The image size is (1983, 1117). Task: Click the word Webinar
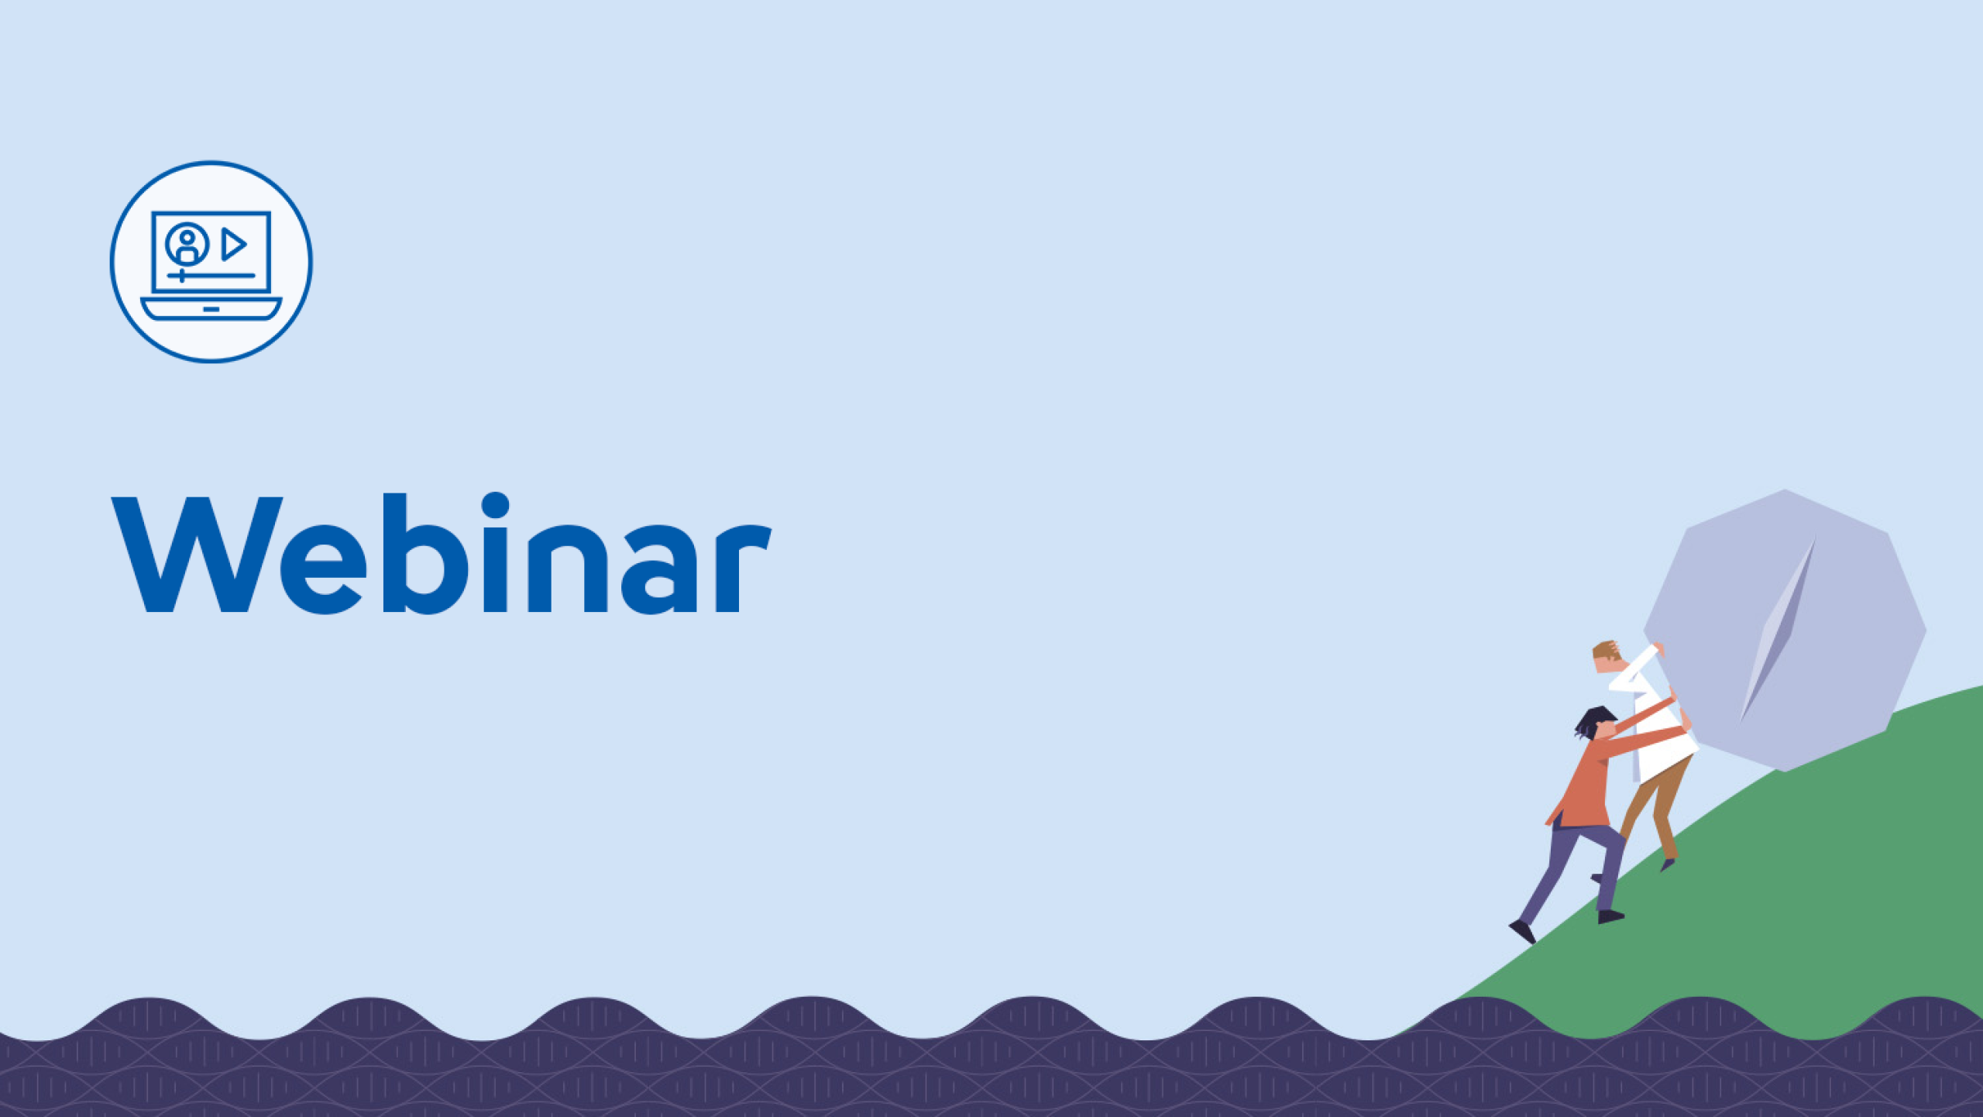click(442, 552)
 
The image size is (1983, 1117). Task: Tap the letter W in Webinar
click(197, 554)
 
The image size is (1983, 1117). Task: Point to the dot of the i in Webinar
click(496, 505)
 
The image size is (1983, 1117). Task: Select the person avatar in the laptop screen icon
click(187, 244)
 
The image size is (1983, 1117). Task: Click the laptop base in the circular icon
click(211, 308)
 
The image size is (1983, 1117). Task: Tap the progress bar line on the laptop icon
click(211, 275)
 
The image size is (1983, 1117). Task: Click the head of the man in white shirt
click(1607, 658)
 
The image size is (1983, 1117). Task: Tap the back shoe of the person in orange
click(1522, 932)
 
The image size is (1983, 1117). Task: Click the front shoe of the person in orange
click(1611, 916)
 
